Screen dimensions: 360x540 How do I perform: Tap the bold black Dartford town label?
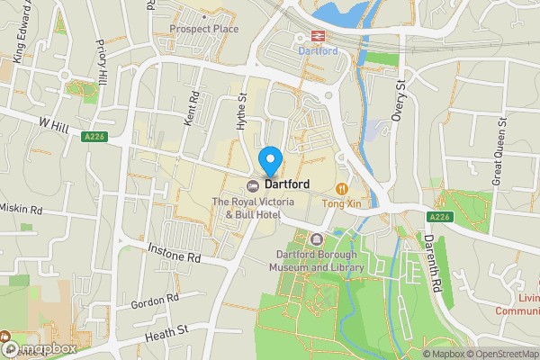tap(287, 184)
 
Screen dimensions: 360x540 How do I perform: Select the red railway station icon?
tap(317, 36)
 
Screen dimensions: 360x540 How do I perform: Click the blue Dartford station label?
tap(317, 51)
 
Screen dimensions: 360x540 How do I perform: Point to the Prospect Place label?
tap(203, 29)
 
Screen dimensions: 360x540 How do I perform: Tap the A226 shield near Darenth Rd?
tap(439, 217)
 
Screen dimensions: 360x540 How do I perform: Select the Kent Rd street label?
tap(190, 107)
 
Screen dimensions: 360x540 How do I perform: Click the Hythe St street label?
tap(241, 112)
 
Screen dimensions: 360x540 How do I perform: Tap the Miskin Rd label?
tap(22, 209)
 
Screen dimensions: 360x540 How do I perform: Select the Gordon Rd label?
tap(154, 301)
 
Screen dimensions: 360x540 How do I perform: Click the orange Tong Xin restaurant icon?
tap(342, 188)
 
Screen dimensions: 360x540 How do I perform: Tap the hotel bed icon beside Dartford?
tap(253, 184)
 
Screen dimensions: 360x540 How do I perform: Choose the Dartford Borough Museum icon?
tap(316, 239)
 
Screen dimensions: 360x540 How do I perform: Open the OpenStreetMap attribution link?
tap(502, 354)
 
